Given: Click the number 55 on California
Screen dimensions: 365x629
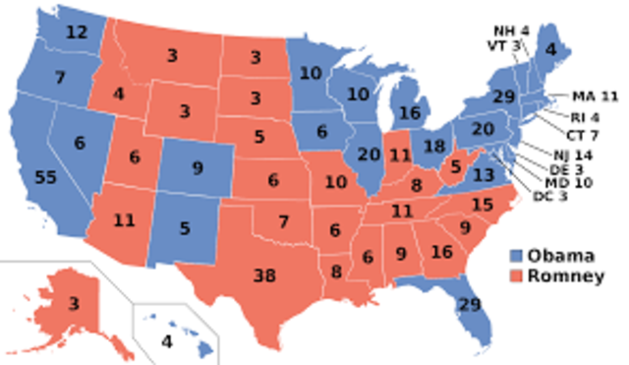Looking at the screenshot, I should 43,178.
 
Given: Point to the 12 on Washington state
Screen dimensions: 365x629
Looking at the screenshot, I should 75,32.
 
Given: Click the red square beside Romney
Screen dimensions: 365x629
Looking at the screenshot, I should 518,276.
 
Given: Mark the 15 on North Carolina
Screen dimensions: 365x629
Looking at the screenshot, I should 482,205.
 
